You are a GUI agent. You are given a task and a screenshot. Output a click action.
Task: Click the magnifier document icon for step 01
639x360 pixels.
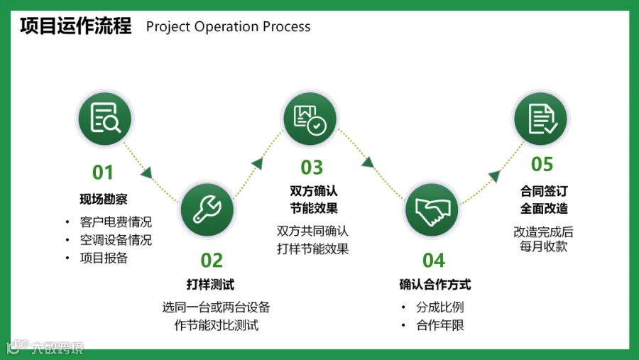click(104, 118)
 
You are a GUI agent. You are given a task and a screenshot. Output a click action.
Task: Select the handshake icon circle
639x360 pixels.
click(432, 209)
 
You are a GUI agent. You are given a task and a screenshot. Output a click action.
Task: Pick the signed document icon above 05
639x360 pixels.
click(541, 117)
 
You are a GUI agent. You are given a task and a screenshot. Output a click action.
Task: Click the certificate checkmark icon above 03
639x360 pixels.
click(311, 118)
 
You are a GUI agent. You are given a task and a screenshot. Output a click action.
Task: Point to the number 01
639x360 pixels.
click(103, 173)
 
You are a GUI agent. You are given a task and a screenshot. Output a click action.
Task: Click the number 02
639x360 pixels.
click(212, 261)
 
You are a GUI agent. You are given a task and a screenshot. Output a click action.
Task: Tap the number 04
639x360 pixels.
click(433, 261)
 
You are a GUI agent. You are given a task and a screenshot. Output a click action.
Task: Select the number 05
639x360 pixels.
click(542, 165)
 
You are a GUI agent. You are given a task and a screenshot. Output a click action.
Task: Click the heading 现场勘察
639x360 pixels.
click(104, 199)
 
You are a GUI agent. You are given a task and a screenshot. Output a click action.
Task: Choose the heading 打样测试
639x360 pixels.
click(210, 285)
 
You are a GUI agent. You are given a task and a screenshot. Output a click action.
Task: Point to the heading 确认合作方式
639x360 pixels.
click(435, 285)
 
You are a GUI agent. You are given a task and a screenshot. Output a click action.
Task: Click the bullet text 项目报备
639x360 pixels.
click(104, 258)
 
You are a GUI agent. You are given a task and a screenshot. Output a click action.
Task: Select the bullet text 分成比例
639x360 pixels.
click(440, 307)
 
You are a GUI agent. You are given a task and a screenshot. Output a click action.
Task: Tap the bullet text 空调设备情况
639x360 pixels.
click(116, 240)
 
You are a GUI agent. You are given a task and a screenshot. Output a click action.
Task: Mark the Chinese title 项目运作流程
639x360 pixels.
click(76, 26)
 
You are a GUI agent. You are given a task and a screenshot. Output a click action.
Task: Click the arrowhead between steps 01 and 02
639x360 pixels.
click(147, 171)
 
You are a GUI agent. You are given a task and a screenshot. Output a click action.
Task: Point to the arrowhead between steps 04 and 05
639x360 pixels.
click(494, 176)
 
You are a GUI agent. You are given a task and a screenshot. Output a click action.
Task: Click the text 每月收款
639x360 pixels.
click(543, 246)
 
